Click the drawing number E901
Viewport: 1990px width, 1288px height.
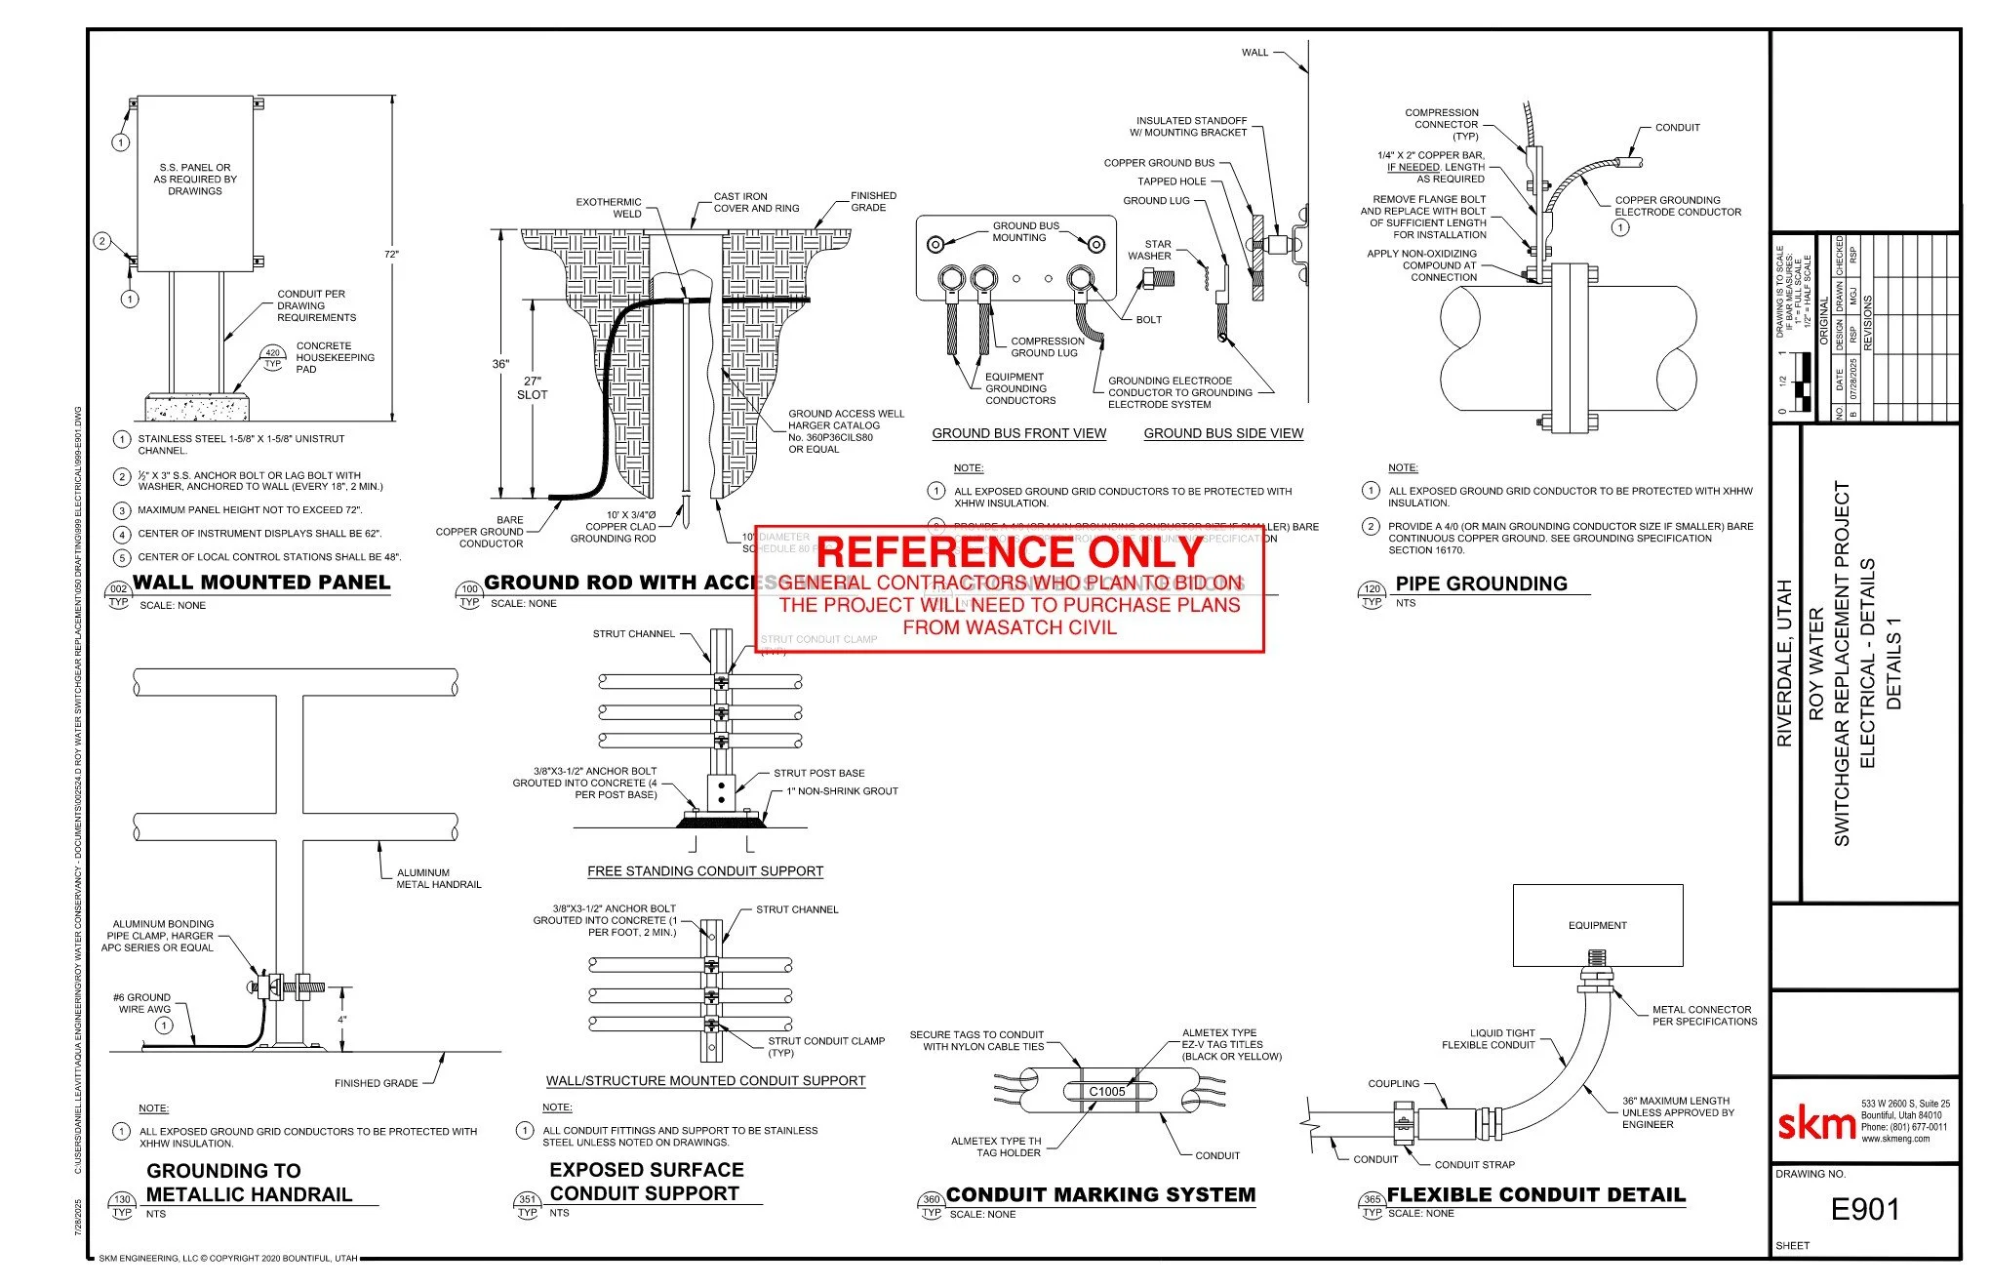[1864, 1209]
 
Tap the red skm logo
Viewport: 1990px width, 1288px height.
[1816, 1124]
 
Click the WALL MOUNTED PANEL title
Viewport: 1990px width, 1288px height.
[261, 583]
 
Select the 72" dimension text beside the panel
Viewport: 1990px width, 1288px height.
[391, 255]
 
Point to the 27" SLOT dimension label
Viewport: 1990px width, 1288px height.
[533, 388]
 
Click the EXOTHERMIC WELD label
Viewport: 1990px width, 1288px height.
[610, 208]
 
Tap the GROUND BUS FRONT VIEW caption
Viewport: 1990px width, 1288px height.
[1018, 433]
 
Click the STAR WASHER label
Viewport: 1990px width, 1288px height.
[1152, 250]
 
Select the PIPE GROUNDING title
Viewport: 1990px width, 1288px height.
[1481, 584]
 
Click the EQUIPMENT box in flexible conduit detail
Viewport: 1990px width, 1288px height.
[1597, 925]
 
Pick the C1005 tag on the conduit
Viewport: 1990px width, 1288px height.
[1107, 1091]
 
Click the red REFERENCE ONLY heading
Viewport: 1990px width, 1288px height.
[1010, 552]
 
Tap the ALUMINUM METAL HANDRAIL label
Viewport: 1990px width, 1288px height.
[438, 878]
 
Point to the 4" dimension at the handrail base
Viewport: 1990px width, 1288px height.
[342, 1020]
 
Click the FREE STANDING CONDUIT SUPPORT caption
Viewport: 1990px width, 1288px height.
[704, 871]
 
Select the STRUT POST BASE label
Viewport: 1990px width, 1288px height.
[818, 773]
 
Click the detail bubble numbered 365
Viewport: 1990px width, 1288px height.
[1372, 1199]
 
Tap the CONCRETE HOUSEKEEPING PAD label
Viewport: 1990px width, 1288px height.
[335, 357]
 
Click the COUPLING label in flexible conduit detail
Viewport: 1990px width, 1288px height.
[1393, 1083]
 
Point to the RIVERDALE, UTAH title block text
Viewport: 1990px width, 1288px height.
[1784, 664]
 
